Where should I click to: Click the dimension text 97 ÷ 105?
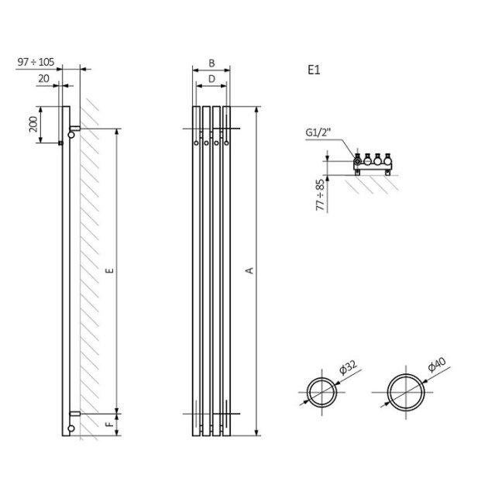tap(36, 62)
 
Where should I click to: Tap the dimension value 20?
tap(44, 78)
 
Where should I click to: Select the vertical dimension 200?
tap(33, 124)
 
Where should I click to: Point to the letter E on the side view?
tap(111, 271)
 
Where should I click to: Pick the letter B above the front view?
tap(211, 64)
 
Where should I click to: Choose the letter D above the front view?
tap(211, 79)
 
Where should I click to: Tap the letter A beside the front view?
tap(249, 271)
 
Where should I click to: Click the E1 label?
tap(314, 70)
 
